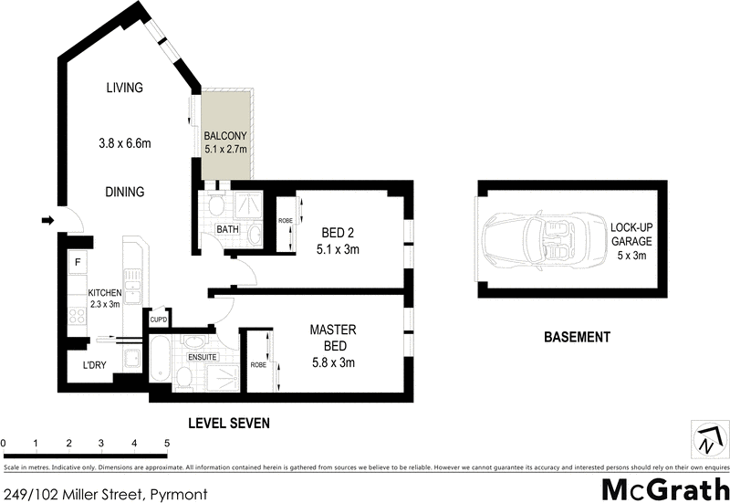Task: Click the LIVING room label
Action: point(125,89)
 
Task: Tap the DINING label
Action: point(124,193)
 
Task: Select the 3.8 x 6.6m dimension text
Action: point(124,143)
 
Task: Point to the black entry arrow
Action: point(47,219)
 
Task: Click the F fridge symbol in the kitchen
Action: point(79,263)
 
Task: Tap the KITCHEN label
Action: point(104,292)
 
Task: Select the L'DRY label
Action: point(95,365)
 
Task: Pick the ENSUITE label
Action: point(203,357)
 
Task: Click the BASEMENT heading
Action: point(577,337)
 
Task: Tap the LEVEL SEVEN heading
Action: point(229,424)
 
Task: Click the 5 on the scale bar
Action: point(167,444)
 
